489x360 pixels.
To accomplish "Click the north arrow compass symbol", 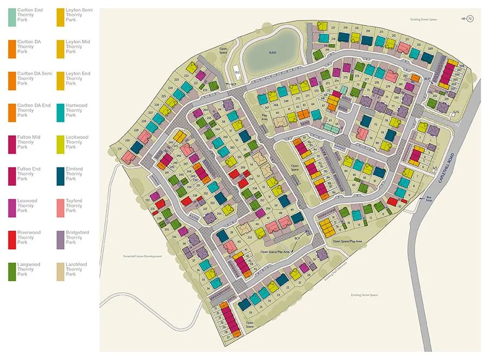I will [x=470, y=19].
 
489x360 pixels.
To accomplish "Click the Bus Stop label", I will [x=429, y=199].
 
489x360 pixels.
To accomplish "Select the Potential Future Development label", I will [x=142, y=256].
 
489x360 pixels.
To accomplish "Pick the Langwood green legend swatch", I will [x=11, y=271].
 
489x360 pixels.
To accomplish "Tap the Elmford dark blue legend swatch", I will [x=60, y=176].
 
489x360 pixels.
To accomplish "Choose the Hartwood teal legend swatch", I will [x=60, y=113].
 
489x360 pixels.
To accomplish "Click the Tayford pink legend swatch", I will [x=60, y=208].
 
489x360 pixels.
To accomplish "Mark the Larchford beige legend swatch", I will [x=60, y=271].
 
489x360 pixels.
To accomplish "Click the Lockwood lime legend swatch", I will [x=60, y=144].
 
